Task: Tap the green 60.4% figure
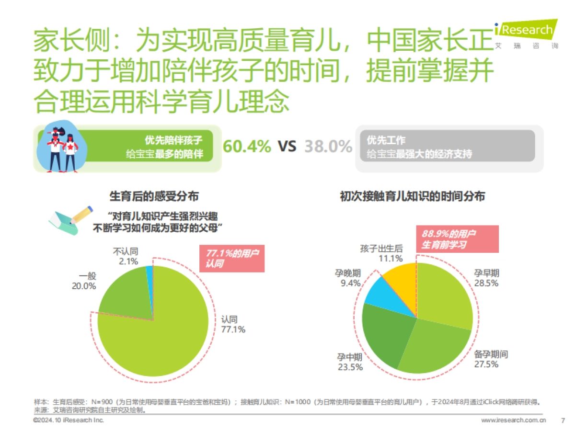247,146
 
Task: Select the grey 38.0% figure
328,146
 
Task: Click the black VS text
287,146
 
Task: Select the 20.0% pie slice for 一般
122,295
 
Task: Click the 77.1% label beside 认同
233,329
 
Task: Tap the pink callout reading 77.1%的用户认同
231,258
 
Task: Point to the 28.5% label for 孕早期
486,283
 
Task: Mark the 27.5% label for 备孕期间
487,364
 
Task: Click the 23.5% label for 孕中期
351,367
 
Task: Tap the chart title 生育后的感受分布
154,196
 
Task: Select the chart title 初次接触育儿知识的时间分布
412,196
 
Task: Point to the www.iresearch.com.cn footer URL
513,420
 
